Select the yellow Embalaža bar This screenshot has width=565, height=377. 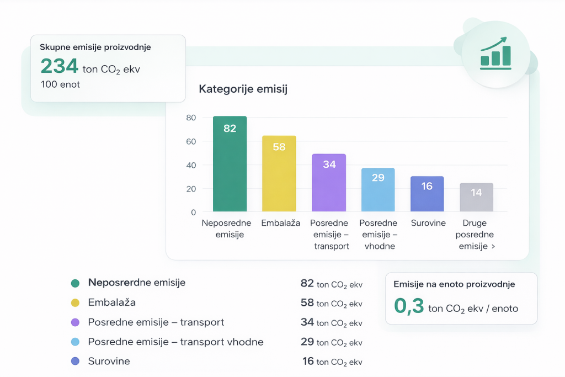(279, 174)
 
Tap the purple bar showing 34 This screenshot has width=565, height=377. (329, 183)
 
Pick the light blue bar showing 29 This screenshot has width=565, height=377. (378, 190)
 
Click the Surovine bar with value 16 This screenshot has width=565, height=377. (427, 194)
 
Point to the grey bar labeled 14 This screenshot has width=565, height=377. (476, 197)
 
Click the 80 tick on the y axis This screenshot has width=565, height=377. (191, 118)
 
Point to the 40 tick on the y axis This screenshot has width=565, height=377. (191, 165)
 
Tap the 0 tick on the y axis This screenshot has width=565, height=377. (193, 212)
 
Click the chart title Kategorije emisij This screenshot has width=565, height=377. (243, 89)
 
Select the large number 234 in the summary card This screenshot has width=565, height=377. (60, 67)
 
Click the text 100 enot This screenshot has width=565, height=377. (60, 84)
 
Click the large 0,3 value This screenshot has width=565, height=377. (408, 306)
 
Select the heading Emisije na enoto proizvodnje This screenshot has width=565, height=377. (454, 284)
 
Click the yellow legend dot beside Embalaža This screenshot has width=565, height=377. (75, 303)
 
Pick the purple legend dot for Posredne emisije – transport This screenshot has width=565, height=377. (75, 322)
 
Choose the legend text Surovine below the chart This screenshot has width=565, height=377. (109, 362)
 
